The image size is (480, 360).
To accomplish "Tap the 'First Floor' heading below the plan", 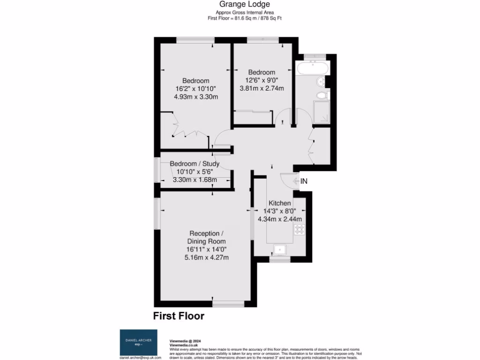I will tap(179, 316).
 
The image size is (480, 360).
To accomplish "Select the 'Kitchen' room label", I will tap(279, 203).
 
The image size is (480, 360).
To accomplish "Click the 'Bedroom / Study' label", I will tap(195, 164).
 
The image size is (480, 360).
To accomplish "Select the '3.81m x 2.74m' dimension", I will tap(262, 88).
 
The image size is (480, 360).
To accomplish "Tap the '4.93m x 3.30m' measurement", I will tap(196, 97).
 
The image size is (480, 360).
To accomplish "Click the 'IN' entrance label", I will tap(304, 181).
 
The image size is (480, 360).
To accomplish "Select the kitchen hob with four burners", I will tap(299, 229).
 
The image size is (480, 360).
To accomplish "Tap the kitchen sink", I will tap(280, 249).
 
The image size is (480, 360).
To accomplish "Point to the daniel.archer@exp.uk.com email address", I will tap(141, 357).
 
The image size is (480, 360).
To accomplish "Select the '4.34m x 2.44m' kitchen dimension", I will tap(279, 219).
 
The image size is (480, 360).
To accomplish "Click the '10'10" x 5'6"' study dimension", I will tap(195, 172).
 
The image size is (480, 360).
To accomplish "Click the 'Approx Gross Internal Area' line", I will tap(244, 12).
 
